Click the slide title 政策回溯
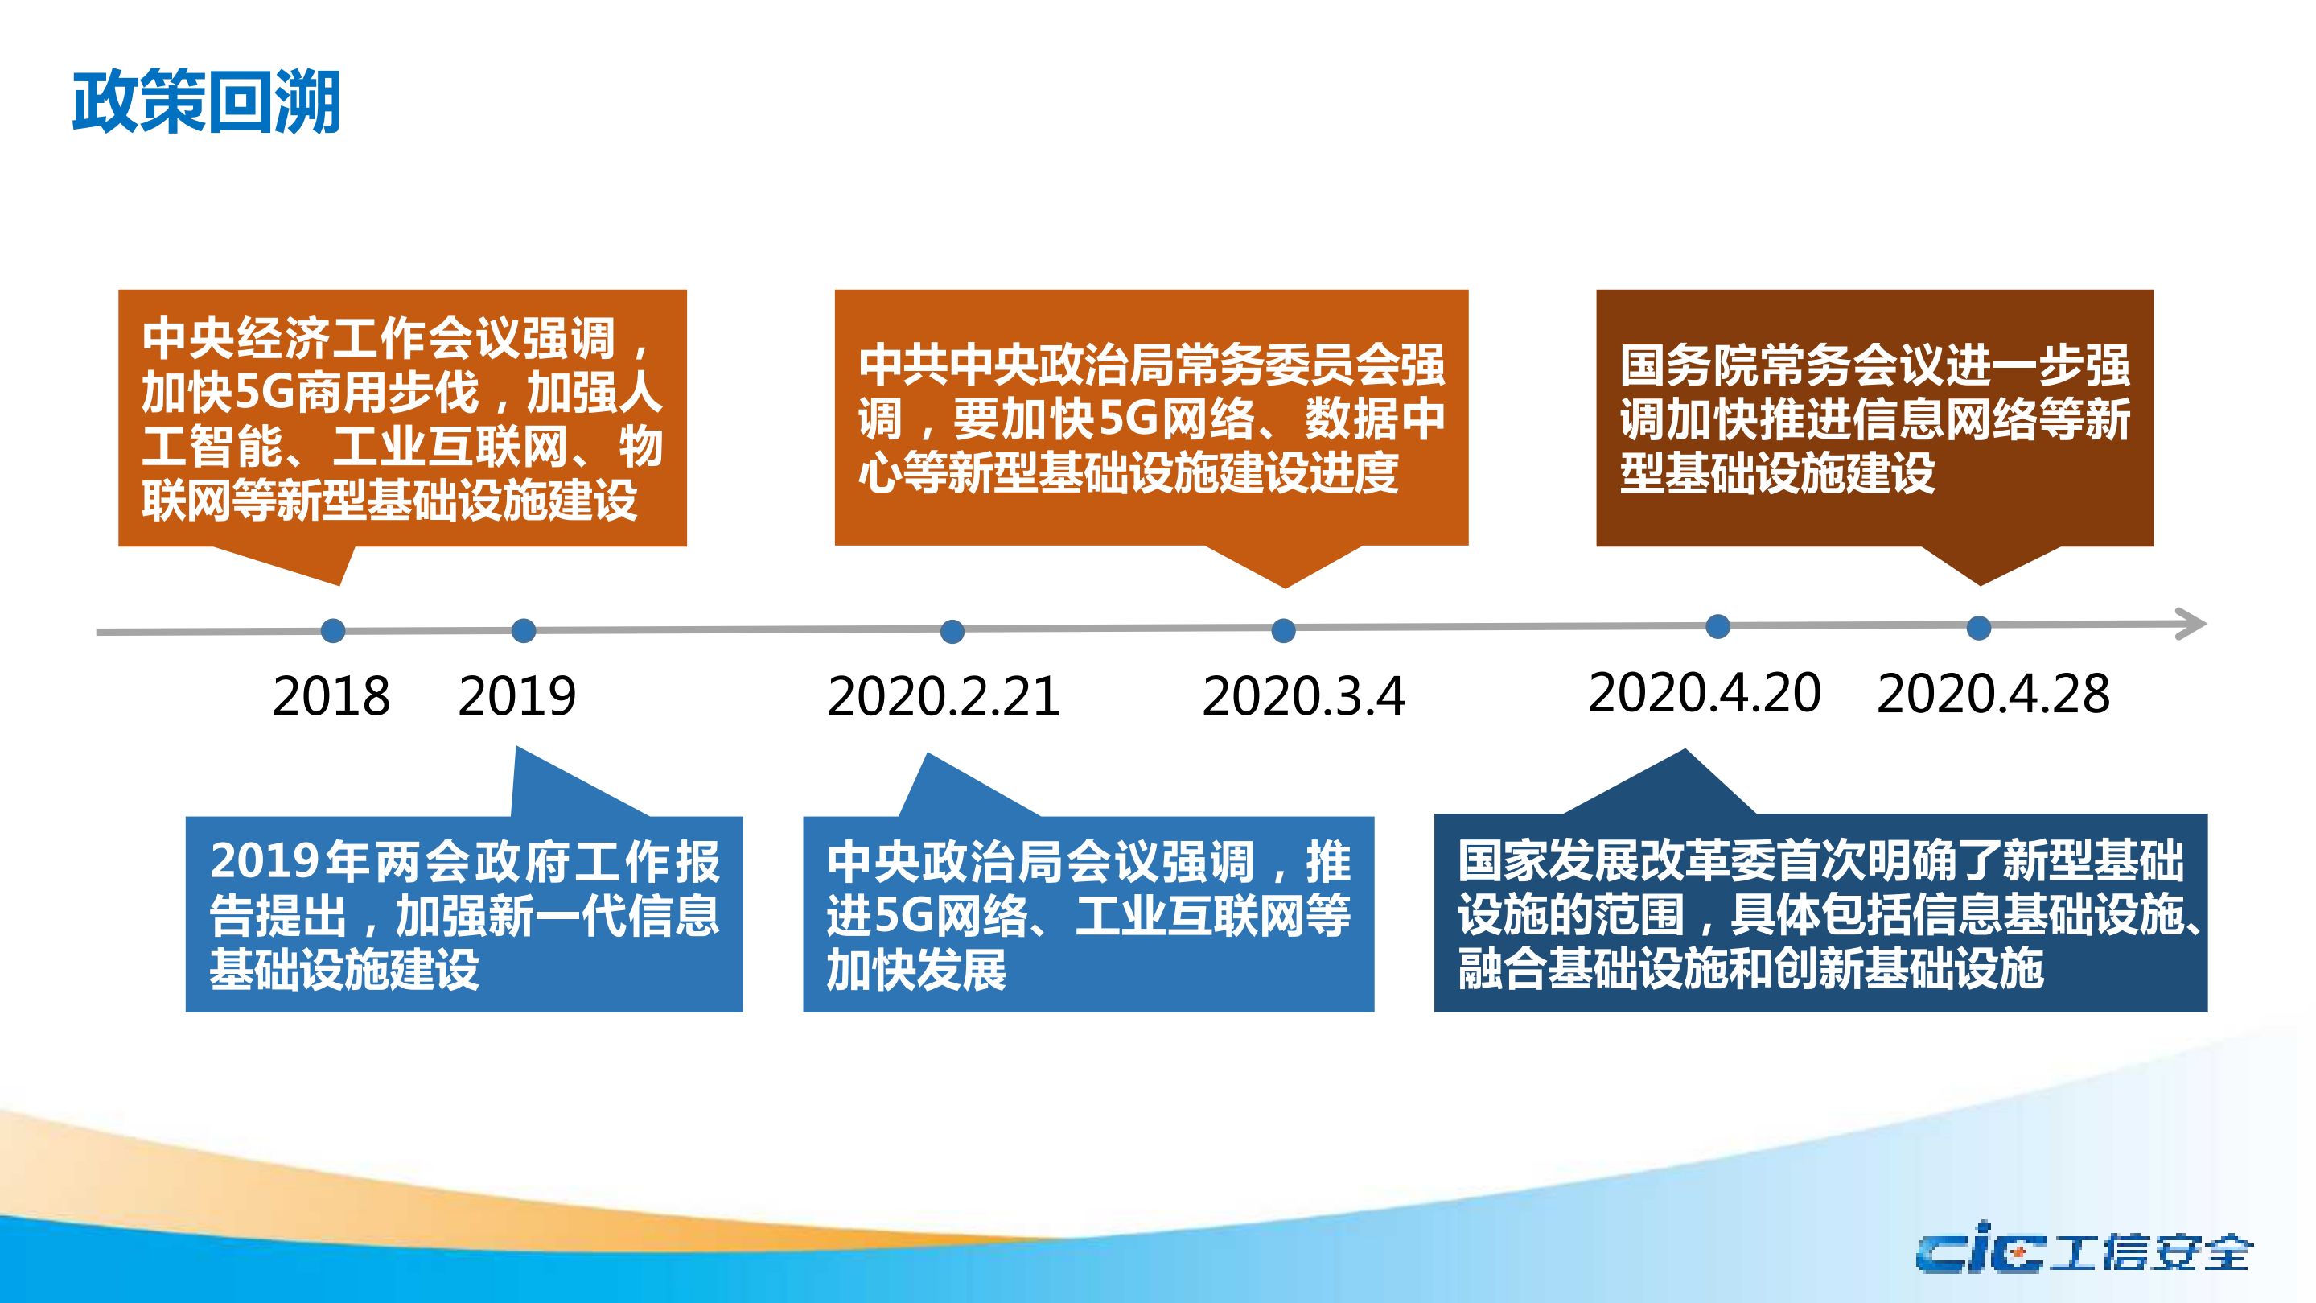click(206, 101)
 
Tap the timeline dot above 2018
click(333, 630)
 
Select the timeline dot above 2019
click(523, 630)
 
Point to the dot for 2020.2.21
click(952, 631)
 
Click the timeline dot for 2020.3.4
click(1283, 630)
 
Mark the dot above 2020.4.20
click(1717, 626)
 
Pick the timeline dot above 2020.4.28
click(1978, 628)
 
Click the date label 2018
click(331, 696)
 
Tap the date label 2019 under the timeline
click(517, 696)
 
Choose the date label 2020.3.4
click(1302, 697)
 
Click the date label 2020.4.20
click(1705, 693)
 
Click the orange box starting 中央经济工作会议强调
click(402, 419)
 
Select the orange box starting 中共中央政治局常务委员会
click(1151, 419)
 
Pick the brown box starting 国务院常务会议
click(1874, 419)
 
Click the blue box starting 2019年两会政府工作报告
click(464, 913)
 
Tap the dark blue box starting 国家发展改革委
click(1820, 913)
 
